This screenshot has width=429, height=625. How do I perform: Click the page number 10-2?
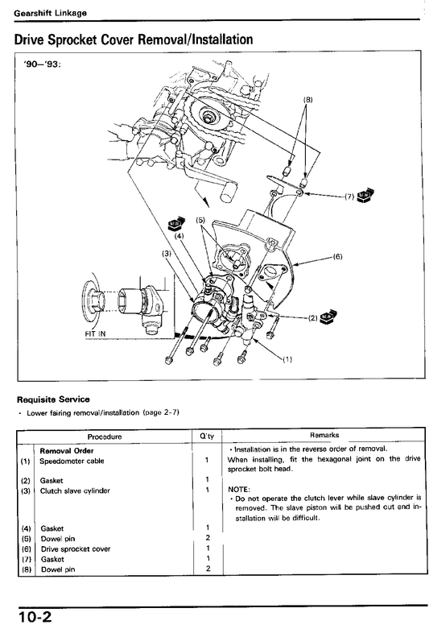(x=35, y=616)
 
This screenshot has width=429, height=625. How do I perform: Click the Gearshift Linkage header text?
(x=50, y=13)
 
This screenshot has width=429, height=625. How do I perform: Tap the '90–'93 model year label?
(x=43, y=64)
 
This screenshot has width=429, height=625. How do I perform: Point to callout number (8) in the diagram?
(x=308, y=99)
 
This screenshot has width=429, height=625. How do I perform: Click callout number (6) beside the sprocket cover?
(x=338, y=257)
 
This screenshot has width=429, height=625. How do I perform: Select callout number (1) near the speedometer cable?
(x=287, y=359)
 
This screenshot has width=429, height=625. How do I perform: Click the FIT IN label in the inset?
(x=96, y=333)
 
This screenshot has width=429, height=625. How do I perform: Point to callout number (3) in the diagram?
(x=166, y=253)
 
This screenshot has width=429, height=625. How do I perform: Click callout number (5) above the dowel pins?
(x=200, y=220)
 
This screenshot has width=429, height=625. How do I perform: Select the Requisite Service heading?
(x=53, y=399)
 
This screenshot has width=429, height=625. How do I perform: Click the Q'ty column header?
(x=207, y=437)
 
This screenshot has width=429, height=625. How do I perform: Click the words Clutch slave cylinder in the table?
(x=75, y=490)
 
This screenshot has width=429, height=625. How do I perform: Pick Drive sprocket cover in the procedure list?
(x=76, y=548)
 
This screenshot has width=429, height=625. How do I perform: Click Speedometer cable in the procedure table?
(x=72, y=462)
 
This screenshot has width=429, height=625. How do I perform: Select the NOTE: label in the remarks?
(x=239, y=489)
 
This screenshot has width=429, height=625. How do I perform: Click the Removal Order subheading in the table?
(x=67, y=451)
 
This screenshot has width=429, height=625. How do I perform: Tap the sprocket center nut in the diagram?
(x=208, y=118)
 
